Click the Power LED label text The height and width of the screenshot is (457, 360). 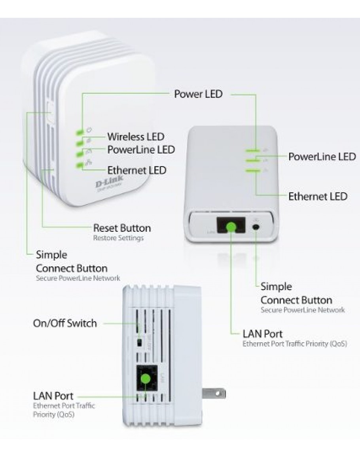[x=198, y=95]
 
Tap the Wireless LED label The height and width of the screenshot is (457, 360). [x=135, y=137]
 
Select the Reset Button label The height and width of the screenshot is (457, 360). [x=122, y=228]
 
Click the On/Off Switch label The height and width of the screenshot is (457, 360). [x=64, y=323]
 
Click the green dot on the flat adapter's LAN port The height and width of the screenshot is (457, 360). [x=230, y=227]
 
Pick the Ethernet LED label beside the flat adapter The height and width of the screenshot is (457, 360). [x=318, y=196]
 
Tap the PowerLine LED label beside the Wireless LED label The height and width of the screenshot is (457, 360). [x=141, y=150]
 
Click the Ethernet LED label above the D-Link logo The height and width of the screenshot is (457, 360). [x=136, y=170]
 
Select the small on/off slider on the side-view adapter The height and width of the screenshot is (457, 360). [x=139, y=341]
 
